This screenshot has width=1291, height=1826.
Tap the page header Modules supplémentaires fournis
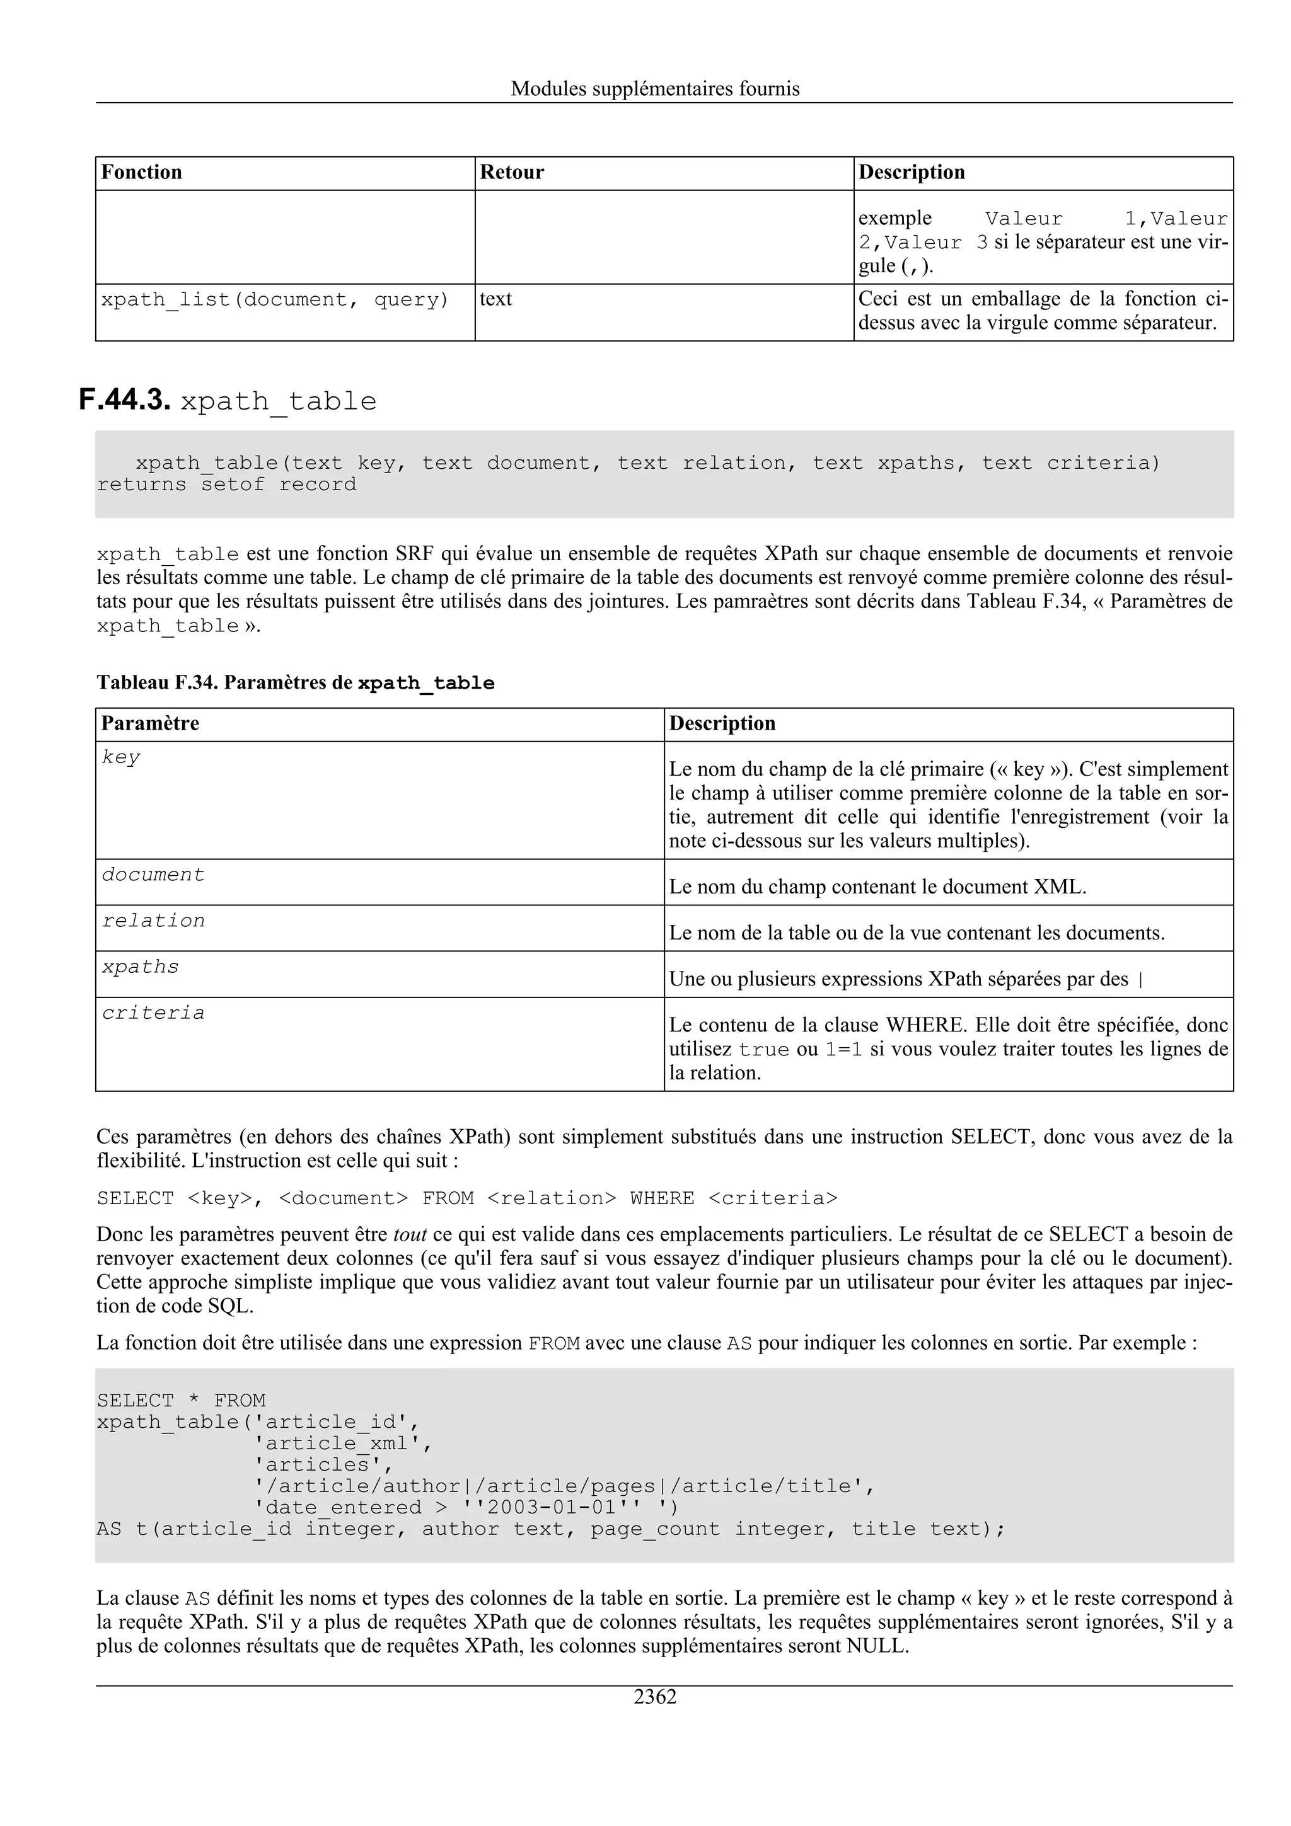pos(655,88)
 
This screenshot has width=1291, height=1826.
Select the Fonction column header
pos(142,173)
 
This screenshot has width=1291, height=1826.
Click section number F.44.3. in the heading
pos(125,399)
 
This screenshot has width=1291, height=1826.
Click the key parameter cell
pos(121,757)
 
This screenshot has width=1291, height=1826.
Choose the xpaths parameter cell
pos(140,967)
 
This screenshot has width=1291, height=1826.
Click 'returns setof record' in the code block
pos(227,485)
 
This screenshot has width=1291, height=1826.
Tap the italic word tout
pos(410,1234)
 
